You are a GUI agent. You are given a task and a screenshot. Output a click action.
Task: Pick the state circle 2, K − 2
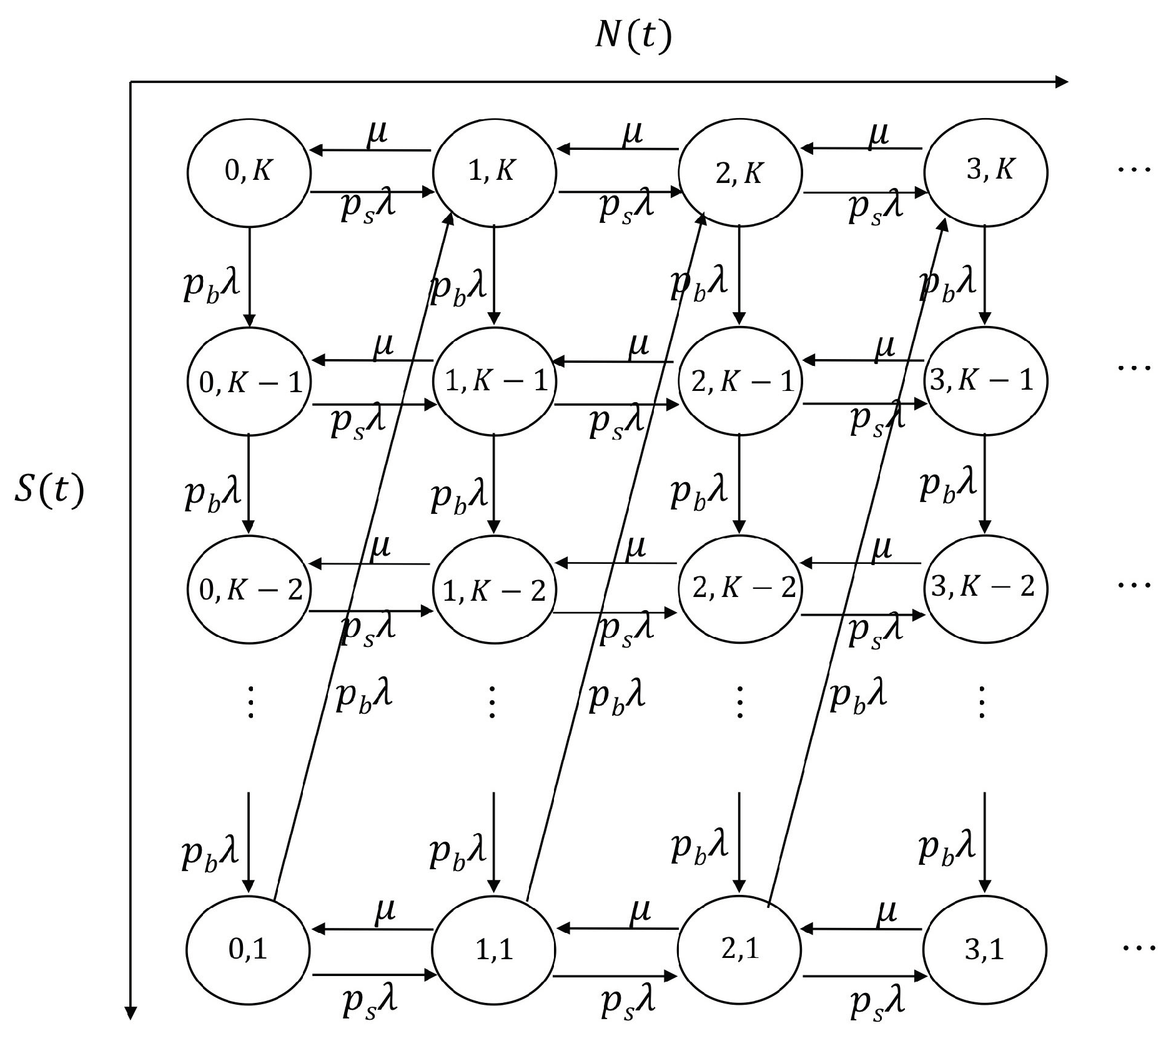click(x=739, y=588)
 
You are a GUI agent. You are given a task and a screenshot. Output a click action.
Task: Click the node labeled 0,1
click(x=249, y=950)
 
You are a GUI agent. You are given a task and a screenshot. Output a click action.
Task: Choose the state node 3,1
click(x=986, y=950)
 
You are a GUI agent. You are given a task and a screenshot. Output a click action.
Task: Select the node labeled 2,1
click(x=739, y=950)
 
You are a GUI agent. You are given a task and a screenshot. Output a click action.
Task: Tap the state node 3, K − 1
click(x=986, y=380)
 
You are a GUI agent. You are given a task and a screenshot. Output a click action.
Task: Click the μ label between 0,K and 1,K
click(x=377, y=132)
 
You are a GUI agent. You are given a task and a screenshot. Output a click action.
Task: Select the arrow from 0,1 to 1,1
click(x=372, y=974)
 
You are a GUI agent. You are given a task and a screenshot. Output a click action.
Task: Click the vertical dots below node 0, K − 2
click(x=250, y=702)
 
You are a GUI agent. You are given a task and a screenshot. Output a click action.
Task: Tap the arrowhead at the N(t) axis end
click(x=1061, y=81)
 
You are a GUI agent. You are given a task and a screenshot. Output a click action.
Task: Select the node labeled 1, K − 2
click(x=494, y=588)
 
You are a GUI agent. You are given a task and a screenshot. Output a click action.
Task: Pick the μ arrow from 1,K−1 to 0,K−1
click(x=372, y=360)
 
